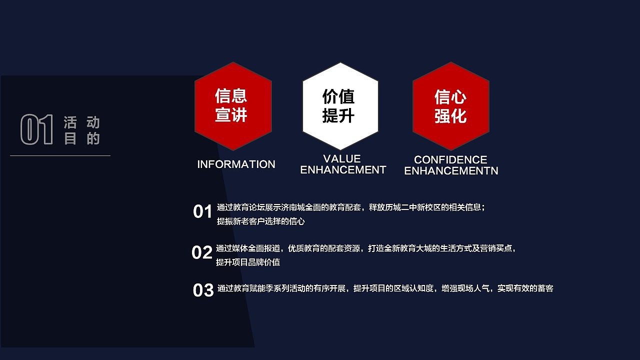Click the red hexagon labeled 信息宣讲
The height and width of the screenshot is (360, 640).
tap(233, 106)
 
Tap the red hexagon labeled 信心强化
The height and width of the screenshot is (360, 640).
tap(450, 106)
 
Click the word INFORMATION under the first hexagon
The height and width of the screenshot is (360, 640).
tap(236, 164)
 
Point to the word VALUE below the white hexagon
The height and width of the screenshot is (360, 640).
tap(342, 159)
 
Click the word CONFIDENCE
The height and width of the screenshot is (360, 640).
tap(450, 160)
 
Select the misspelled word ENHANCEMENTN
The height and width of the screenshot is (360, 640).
tap(451, 171)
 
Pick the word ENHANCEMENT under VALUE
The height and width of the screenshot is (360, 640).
tap(343, 170)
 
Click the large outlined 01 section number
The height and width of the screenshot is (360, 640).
tap(36, 130)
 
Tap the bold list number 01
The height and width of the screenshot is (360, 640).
tap(203, 212)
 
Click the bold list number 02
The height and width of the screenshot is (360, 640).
tap(202, 253)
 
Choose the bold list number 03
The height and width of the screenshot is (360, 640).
tap(203, 290)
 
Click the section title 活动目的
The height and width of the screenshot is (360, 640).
tap(82, 130)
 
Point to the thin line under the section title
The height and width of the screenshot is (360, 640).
tap(60, 156)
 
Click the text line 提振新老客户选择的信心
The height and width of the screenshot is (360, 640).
tap(260, 221)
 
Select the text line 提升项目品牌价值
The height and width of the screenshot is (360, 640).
tap(248, 262)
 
